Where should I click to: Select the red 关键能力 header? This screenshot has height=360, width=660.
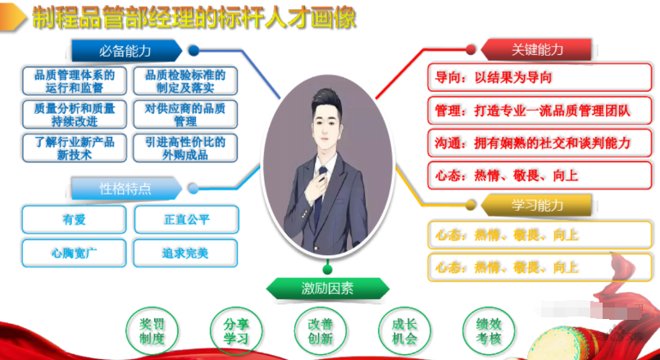[x=537, y=49]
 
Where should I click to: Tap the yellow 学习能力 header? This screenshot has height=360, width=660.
[x=537, y=204]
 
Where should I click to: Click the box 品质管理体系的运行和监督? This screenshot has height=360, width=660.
[x=74, y=80]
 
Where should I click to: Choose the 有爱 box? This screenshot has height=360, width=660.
[x=74, y=220]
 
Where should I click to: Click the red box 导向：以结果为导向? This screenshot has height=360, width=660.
[x=539, y=78]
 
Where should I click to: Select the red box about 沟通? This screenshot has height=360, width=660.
[x=539, y=143]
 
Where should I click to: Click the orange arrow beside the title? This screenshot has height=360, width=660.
[x=14, y=19]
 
